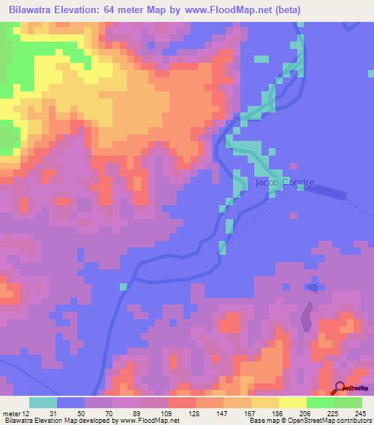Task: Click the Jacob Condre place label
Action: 285,183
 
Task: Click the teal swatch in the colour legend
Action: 43,402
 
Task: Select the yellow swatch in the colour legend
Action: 293,402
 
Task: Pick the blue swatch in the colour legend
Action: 71,402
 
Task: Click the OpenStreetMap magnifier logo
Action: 340,388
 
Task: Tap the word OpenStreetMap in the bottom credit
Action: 316,420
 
